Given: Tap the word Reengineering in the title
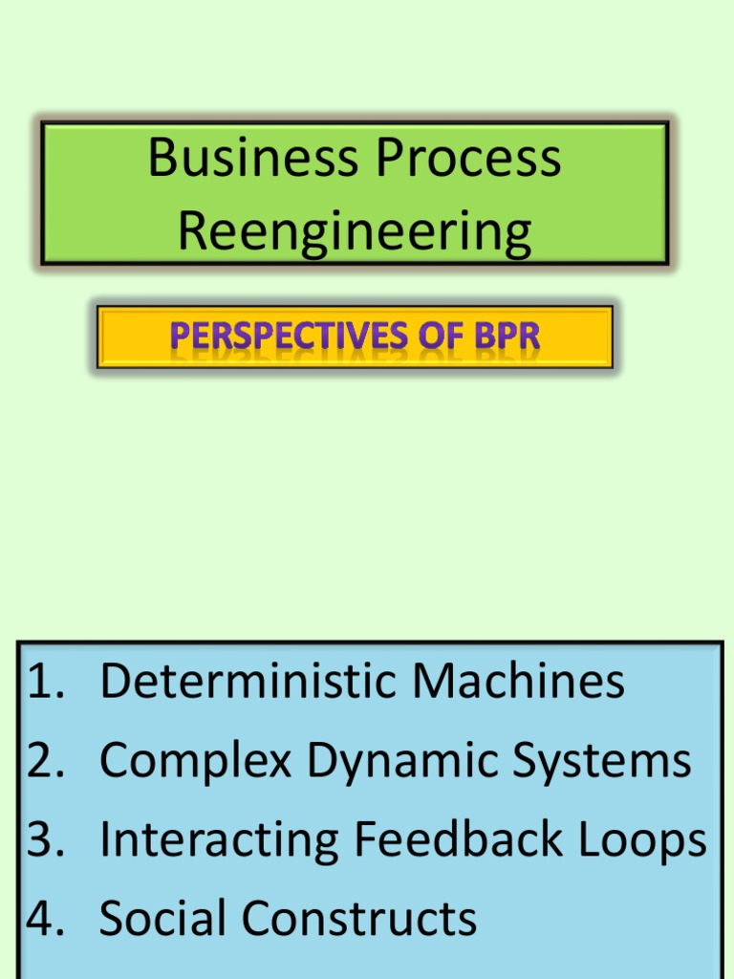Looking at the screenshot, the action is point(355,232).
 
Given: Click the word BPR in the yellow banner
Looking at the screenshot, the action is point(503,337).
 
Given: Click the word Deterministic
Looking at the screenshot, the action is point(248,683).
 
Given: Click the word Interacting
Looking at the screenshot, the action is point(219,840).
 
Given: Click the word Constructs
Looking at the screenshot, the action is point(359,919).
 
